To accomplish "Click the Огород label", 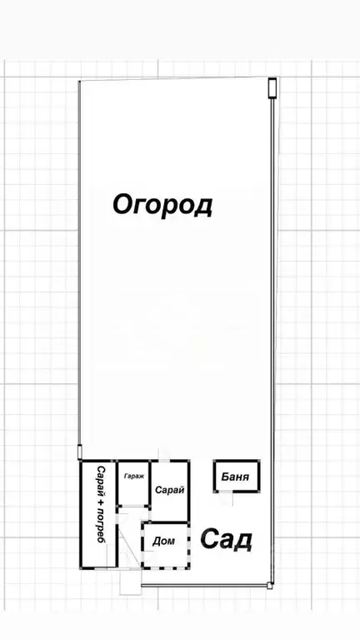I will pos(163,204).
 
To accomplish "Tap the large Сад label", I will pos(227,540).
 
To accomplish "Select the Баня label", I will pos(237,477).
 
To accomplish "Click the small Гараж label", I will pos(133,477).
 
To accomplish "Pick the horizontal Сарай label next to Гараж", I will pos(169,491).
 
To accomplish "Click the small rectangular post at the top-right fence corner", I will pos(272,87).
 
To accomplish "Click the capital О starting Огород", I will pos(122,204).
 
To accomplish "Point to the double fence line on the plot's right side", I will pos(274,333).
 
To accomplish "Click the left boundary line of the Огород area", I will pos(80,267).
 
